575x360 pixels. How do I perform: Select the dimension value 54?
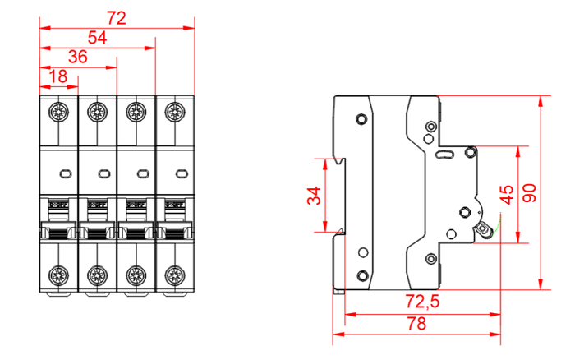pyautogui.click(x=98, y=37)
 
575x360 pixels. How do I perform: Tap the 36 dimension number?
pyautogui.click(x=79, y=57)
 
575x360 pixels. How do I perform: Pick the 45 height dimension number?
pyautogui.click(x=507, y=194)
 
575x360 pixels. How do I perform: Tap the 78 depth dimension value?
pyautogui.click(x=417, y=323)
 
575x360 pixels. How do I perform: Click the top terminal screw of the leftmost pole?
pyautogui.click(x=59, y=111)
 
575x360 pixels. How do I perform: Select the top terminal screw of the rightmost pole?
pyautogui.click(x=173, y=111)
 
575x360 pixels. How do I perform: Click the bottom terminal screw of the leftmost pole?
pyautogui.click(x=59, y=275)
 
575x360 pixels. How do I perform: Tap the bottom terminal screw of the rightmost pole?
pyautogui.click(x=173, y=275)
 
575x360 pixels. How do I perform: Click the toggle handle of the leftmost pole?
pyautogui.click(x=59, y=233)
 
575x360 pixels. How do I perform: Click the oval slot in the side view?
pyautogui.click(x=444, y=154)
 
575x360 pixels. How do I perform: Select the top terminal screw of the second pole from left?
pyautogui.click(x=98, y=111)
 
